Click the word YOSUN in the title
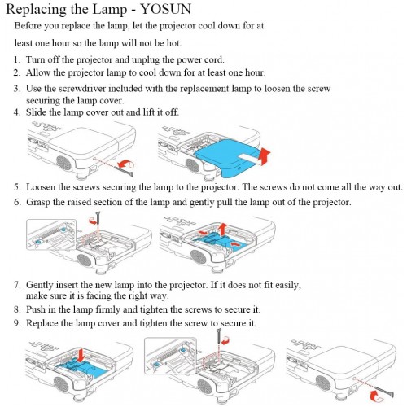pyautogui.click(x=166, y=9)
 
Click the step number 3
pyautogui.click(x=17, y=89)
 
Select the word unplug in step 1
pyautogui.click(x=146, y=60)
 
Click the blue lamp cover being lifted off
pyautogui.click(x=225, y=157)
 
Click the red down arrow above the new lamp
pyautogui.click(x=81, y=356)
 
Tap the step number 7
pyautogui.click(x=17, y=285)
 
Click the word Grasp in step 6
pyautogui.click(x=38, y=203)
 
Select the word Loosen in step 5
pyautogui.click(x=41, y=187)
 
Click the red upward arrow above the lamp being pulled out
pyautogui.click(x=223, y=230)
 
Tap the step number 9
pyautogui.click(x=17, y=323)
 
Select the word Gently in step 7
pyautogui.click(x=40, y=285)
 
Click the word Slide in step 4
pyautogui.click(x=36, y=112)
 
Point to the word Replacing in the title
pyautogui.click(x=37, y=10)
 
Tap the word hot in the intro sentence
pyautogui.click(x=173, y=43)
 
